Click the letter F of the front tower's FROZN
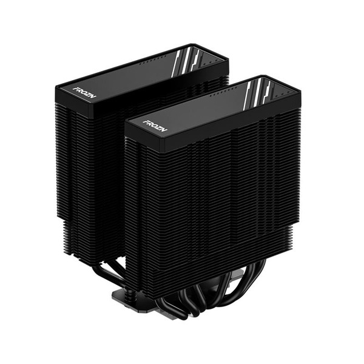pos(145,121)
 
